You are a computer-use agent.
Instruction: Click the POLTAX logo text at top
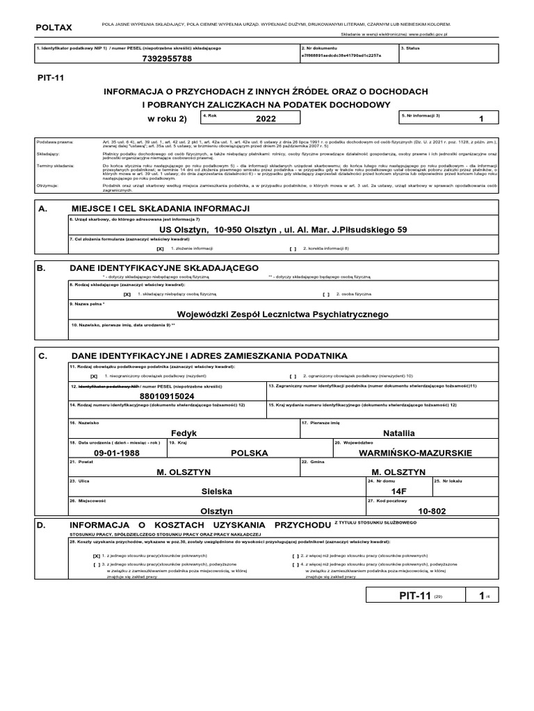53,27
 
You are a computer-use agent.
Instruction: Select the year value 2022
266,119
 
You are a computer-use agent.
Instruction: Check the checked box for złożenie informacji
160,248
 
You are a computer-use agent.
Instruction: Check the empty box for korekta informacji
293,248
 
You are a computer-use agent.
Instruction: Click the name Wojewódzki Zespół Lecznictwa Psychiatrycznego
282,315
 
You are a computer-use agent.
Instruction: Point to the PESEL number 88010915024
167,396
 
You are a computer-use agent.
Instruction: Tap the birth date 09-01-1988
113,453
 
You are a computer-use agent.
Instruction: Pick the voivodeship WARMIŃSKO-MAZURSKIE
415,453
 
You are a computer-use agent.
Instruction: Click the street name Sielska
216,490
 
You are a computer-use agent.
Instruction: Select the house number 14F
397,490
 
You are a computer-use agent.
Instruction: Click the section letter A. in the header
42,208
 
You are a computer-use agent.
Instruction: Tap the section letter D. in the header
42,525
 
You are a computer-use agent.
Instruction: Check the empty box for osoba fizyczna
326,294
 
